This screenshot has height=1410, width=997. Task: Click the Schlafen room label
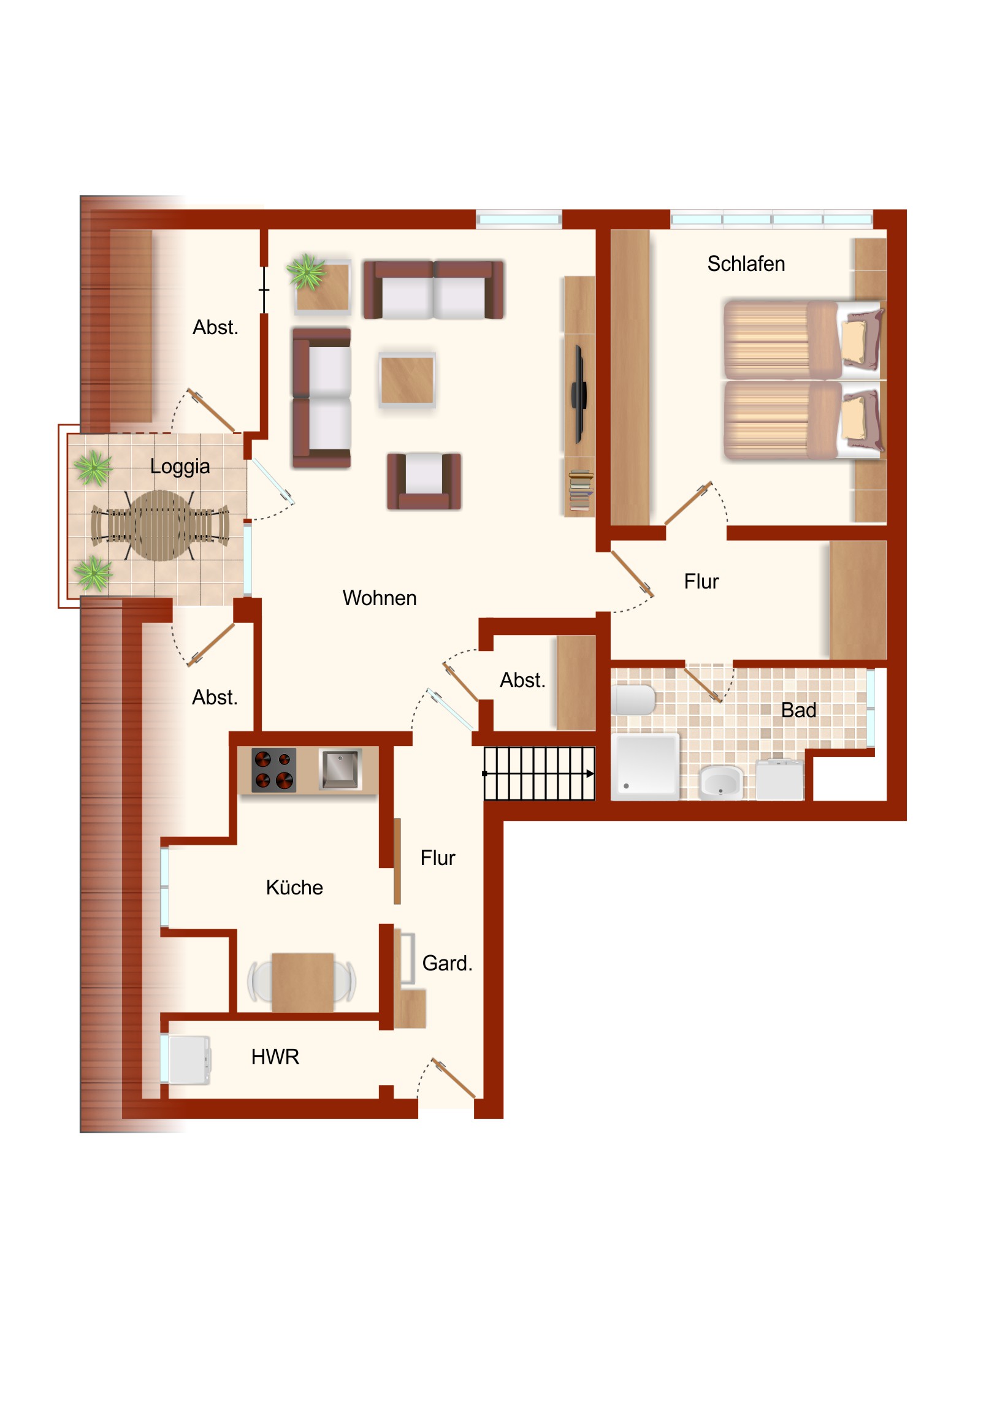746,264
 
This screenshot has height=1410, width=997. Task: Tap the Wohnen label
380,598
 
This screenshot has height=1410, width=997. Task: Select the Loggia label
180,467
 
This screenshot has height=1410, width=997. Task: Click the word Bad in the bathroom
798,711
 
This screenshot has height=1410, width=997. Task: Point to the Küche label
294,888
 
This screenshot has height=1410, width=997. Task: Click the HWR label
275,1057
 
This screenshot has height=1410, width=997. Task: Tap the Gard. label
447,964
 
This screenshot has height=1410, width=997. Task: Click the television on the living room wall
579,394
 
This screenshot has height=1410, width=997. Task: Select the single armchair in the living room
424,481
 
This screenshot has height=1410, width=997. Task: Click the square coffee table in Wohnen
407,381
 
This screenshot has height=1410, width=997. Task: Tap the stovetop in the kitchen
273,770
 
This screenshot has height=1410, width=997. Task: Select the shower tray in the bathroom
646,767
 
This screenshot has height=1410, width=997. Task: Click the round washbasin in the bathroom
720,783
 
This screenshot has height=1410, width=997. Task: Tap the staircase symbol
540,774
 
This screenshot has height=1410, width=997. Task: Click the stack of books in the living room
581,490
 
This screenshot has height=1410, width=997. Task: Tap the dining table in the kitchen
302,983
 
